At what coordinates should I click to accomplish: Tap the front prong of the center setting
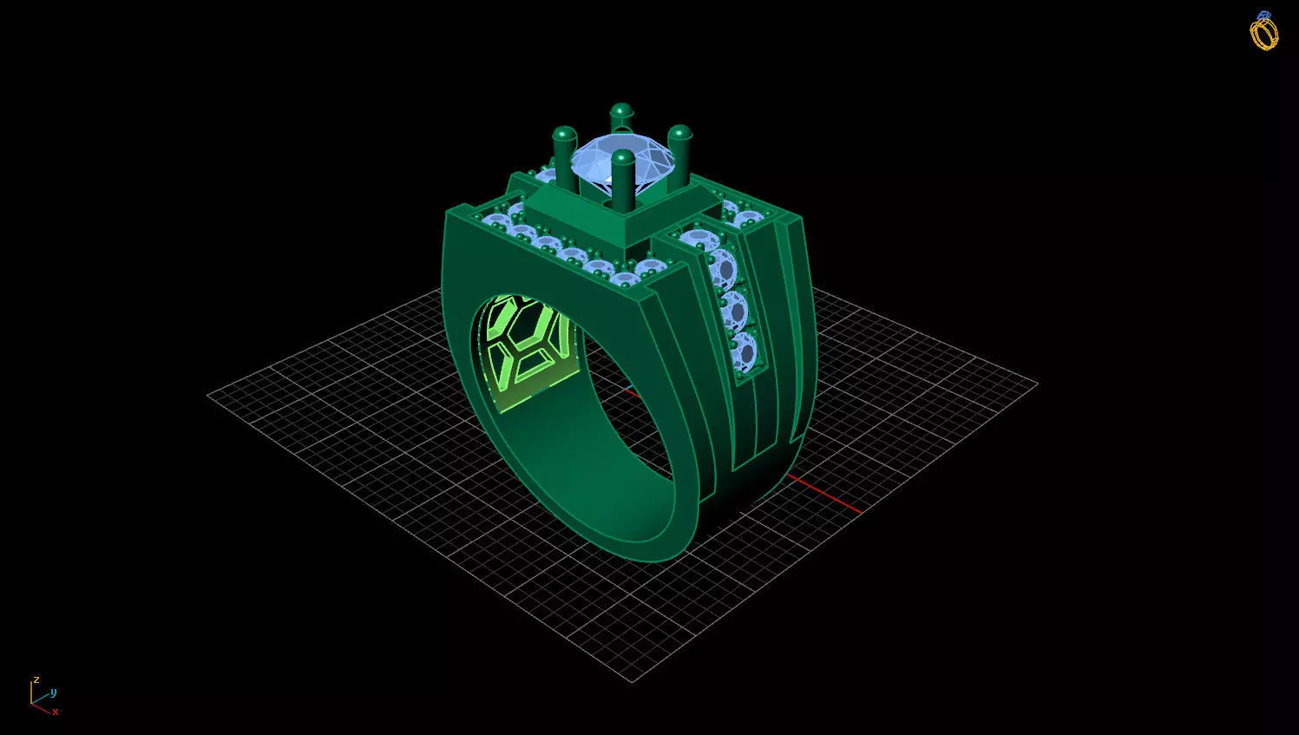622,179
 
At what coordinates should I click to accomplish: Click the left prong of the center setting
565,156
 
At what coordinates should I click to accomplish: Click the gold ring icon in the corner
1263,31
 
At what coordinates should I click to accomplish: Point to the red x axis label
56,712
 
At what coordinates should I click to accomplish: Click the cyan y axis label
54,692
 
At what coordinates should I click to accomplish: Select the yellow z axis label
36,679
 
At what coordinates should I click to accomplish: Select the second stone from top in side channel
722,270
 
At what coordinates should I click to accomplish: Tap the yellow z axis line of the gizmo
32,692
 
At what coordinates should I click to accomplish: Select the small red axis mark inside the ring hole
632,395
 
